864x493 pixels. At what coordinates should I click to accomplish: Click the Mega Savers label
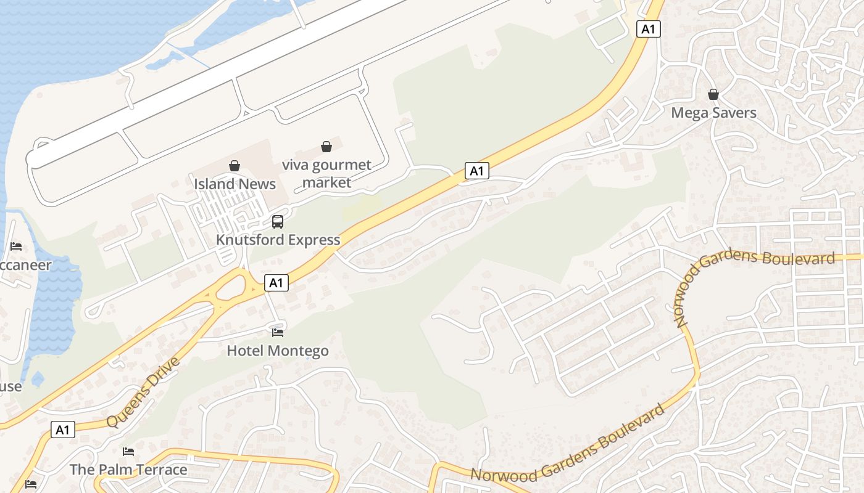coord(713,113)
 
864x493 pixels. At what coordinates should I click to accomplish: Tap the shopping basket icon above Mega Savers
coord(713,94)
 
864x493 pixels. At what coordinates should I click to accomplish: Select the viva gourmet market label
coord(326,174)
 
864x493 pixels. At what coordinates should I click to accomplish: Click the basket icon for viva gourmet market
coord(326,147)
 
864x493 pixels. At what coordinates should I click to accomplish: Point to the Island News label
coord(235,184)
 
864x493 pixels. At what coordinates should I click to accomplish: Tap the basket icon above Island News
coord(235,165)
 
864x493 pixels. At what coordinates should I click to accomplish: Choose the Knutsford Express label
coord(278,240)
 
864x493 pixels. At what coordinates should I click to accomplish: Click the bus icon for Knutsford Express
coord(278,221)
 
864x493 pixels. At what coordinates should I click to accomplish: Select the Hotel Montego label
coord(278,351)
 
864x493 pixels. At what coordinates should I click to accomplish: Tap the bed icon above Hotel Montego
coord(278,333)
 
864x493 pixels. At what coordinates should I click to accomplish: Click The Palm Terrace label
coord(128,470)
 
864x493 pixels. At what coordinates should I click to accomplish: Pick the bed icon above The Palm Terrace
coord(128,452)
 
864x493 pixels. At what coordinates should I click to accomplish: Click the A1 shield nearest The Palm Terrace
coord(63,430)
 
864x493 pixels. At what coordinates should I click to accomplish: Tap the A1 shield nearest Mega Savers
coord(648,29)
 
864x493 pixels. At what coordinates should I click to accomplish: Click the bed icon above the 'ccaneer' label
coord(16,246)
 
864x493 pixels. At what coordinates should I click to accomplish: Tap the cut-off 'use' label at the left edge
coord(10,387)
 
